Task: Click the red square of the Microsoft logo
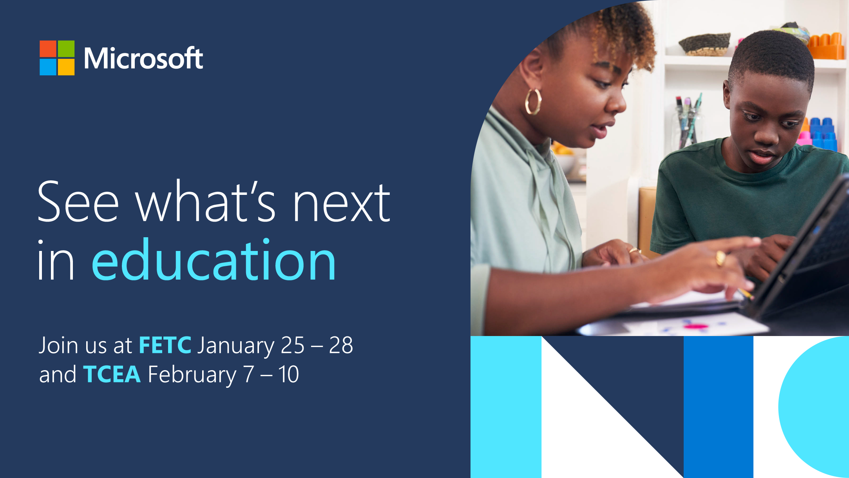[x=48, y=49]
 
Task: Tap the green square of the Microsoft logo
[x=66, y=49]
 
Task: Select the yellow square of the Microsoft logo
[x=66, y=67]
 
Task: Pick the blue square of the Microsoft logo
[x=48, y=67]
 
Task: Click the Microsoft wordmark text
[x=143, y=58]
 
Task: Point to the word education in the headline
[x=214, y=260]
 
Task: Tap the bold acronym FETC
[x=165, y=345]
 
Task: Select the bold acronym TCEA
[x=112, y=374]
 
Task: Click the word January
[x=235, y=346]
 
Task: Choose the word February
[x=192, y=375]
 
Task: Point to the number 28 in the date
[x=341, y=345]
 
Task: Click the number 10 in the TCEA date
[x=289, y=374]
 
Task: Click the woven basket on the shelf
[x=704, y=44]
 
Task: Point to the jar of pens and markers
[x=686, y=122]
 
